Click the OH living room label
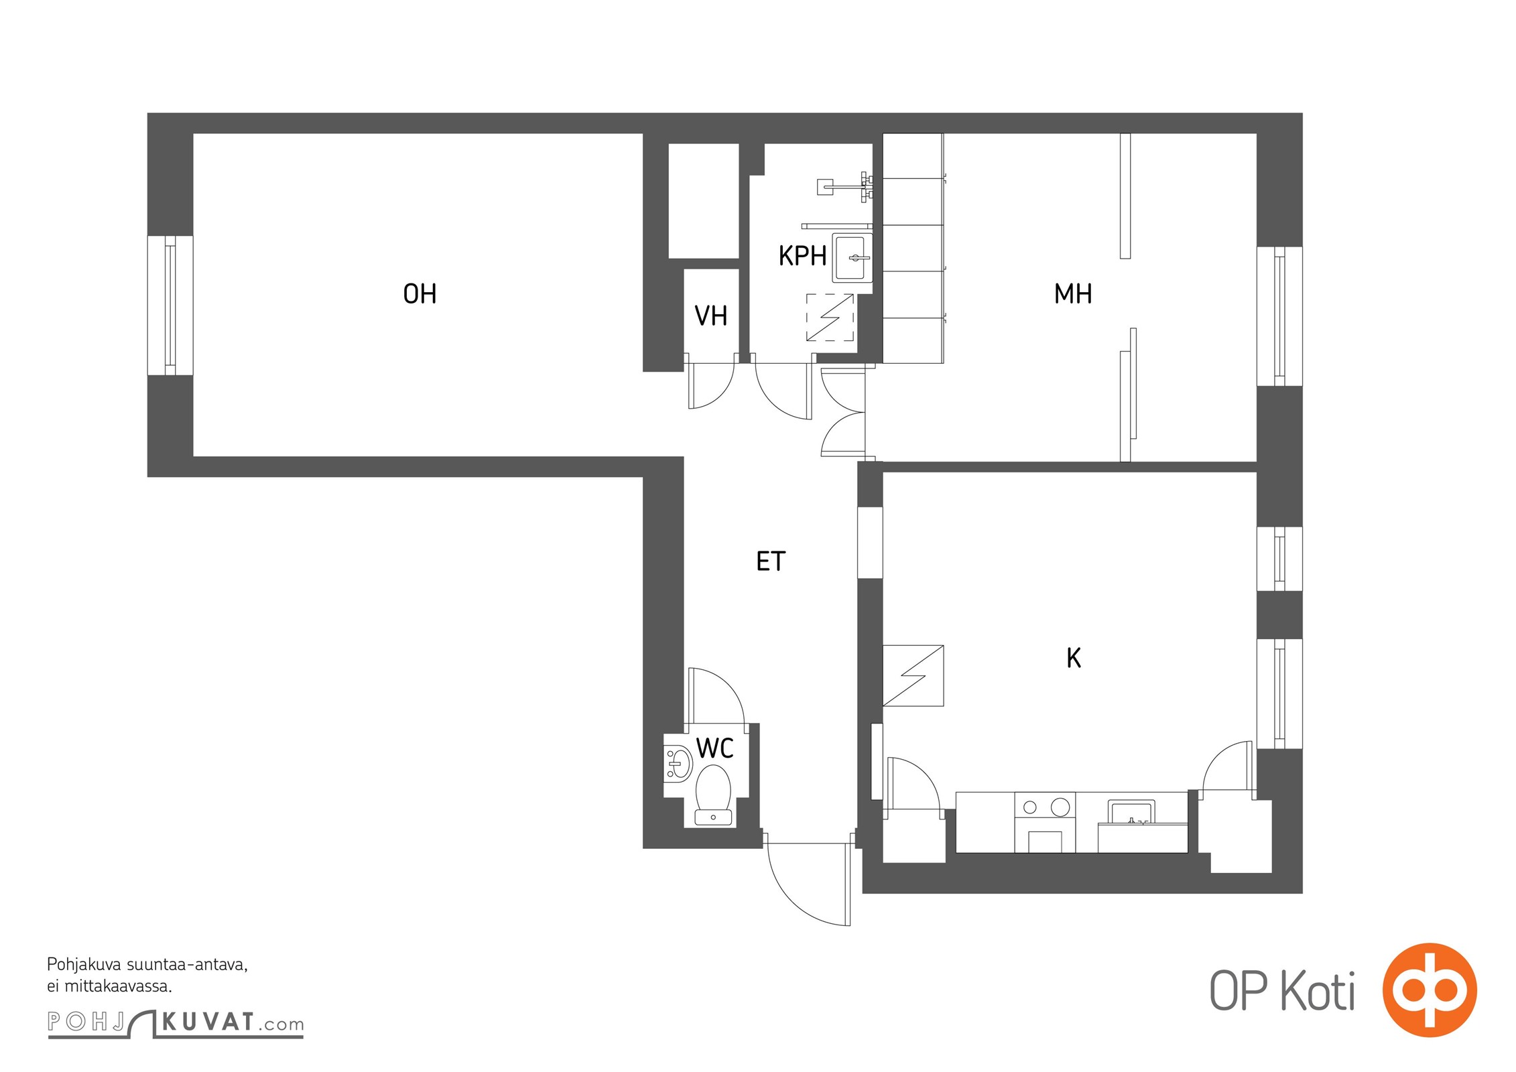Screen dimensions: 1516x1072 [x=420, y=294]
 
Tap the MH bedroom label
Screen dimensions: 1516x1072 [x=1072, y=294]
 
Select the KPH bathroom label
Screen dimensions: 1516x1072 [x=802, y=256]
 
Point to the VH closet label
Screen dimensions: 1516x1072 [x=710, y=316]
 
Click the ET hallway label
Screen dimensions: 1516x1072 [x=770, y=561]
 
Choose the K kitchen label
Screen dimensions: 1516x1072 [x=1074, y=658]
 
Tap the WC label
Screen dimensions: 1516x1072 [x=714, y=748]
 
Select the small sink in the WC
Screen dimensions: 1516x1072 [x=678, y=763]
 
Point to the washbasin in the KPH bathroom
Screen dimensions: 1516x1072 [x=852, y=258]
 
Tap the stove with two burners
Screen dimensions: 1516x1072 [x=1045, y=822]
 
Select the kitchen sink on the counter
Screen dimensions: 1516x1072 [x=1131, y=812]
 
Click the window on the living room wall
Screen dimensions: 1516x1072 [x=170, y=306]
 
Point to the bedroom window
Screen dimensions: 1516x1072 [x=1279, y=316]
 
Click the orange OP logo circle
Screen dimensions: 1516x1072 [x=1430, y=990]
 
